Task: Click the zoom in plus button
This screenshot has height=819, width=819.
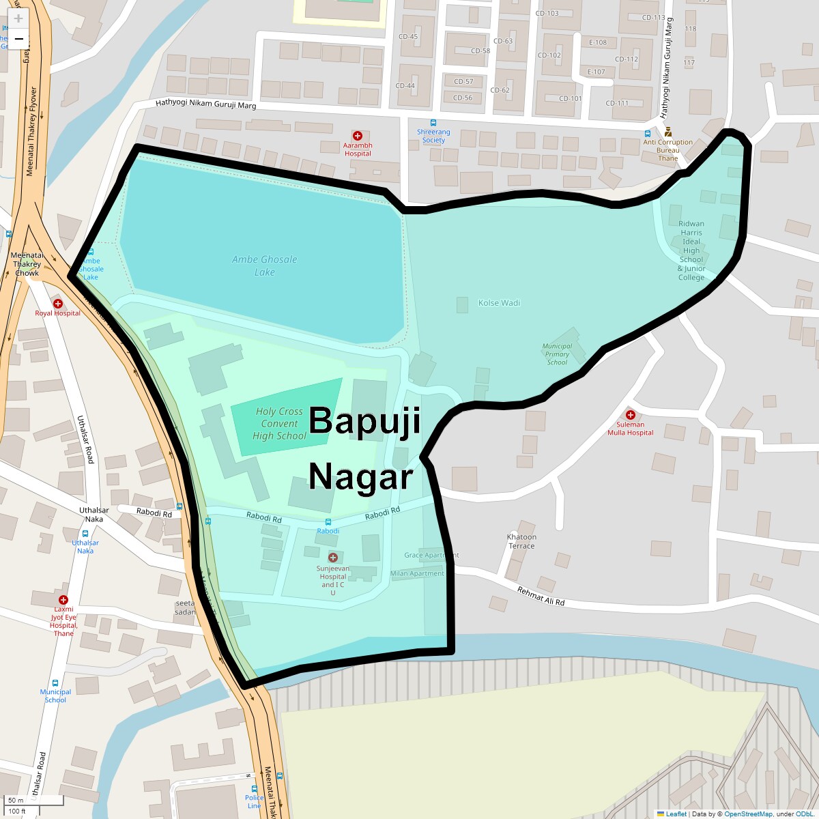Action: [x=18, y=19]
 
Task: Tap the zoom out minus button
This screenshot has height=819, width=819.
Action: [x=18, y=39]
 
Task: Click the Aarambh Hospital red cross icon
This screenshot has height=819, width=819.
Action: [x=357, y=136]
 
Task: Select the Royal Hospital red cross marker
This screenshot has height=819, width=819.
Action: [x=58, y=303]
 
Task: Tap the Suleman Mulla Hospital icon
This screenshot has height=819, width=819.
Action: [x=631, y=414]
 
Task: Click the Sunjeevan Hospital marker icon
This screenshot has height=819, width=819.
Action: [x=333, y=558]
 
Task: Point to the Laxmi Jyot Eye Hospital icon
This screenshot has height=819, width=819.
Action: [x=63, y=599]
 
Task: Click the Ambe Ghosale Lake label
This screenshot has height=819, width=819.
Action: [x=264, y=265]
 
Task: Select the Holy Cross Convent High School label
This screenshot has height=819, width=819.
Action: [x=279, y=423]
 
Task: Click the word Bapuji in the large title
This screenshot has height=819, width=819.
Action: [x=364, y=420]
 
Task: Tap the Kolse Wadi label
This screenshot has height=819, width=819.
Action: [x=499, y=303]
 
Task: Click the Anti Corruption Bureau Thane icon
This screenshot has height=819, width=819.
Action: [x=668, y=132]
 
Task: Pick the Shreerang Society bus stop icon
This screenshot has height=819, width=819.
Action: [x=433, y=123]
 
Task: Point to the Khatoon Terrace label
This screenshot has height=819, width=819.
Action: [x=521, y=541]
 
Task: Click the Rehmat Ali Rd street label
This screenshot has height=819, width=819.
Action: [x=541, y=597]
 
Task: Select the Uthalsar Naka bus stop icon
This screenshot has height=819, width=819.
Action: [x=85, y=534]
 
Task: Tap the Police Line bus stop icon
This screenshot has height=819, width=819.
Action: [x=255, y=789]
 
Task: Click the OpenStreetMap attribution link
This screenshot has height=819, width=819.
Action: [x=749, y=814]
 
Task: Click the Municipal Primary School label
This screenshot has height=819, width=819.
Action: [x=557, y=354]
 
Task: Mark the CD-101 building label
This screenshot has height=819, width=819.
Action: [x=571, y=98]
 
